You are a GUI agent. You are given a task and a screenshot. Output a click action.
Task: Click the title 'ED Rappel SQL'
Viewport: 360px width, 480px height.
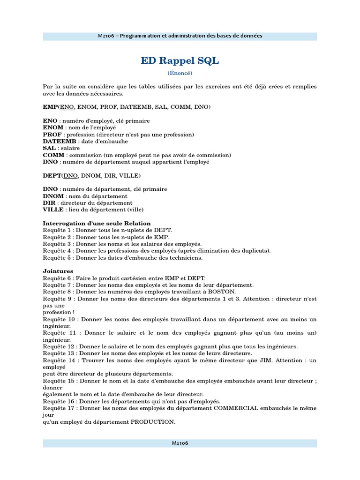click(180, 61)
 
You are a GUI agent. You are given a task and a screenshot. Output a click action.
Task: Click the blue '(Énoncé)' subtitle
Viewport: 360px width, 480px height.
click(180, 73)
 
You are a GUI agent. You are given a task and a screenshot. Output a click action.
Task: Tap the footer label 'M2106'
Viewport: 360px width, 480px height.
click(180, 443)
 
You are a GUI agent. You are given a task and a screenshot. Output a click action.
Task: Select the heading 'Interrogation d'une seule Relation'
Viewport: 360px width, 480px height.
click(97, 223)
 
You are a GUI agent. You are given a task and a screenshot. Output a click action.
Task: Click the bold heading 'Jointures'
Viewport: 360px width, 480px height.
click(58, 271)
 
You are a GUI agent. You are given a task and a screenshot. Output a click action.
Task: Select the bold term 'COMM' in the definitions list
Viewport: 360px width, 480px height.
click(53, 155)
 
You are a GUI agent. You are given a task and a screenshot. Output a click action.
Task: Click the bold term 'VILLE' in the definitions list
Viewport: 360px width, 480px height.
click(53, 210)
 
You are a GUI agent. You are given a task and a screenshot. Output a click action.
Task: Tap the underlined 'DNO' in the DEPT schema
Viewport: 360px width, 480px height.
click(71, 175)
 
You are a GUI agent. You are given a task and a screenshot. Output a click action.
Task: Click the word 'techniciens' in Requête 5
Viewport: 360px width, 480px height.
click(186, 257)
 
